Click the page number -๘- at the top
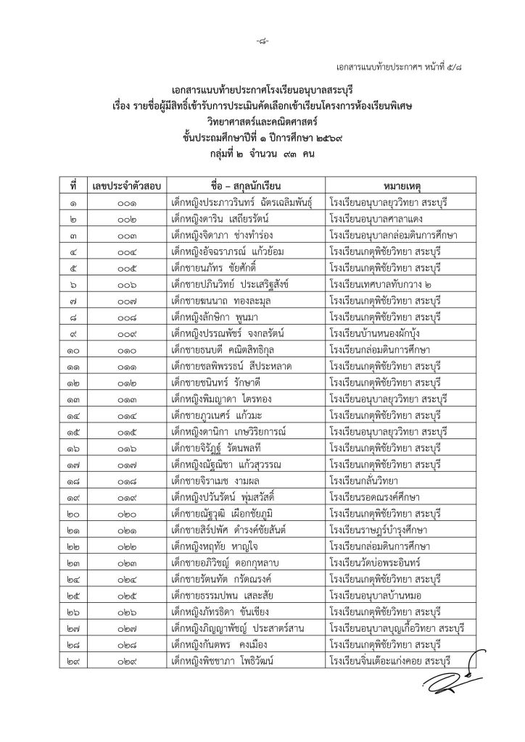(x=262, y=21)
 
